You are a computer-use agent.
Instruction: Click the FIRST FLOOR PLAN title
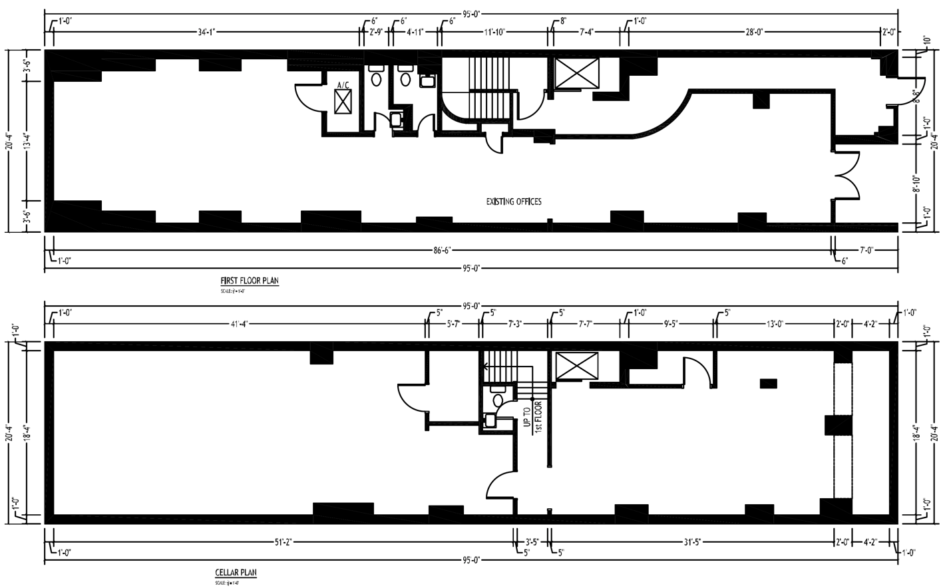[250, 281]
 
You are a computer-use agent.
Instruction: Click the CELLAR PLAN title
[236, 573]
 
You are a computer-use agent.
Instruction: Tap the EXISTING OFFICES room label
[514, 202]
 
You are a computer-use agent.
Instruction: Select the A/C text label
[343, 85]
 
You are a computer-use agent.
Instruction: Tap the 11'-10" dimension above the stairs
[494, 31]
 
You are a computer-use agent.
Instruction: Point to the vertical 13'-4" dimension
[25, 140]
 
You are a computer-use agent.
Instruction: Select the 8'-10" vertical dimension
[916, 180]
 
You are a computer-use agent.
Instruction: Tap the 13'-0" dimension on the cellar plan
[775, 324]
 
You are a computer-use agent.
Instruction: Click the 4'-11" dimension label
[415, 31]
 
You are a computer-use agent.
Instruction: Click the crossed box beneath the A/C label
[343, 102]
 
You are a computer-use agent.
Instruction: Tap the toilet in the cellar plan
[497, 400]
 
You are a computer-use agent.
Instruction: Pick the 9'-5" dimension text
[671, 324]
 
